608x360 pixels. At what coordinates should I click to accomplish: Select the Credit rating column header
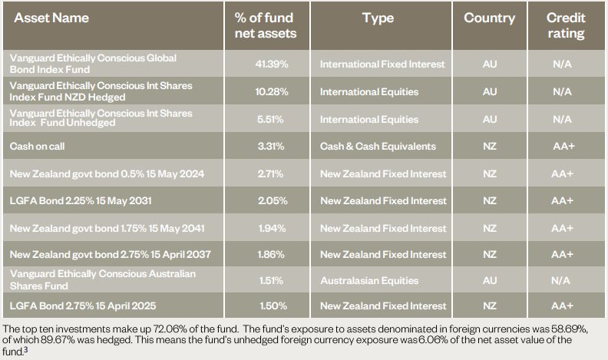(565, 25)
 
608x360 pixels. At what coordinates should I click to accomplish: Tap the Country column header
(489, 18)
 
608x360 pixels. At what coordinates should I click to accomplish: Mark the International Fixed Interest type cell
(382, 64)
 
